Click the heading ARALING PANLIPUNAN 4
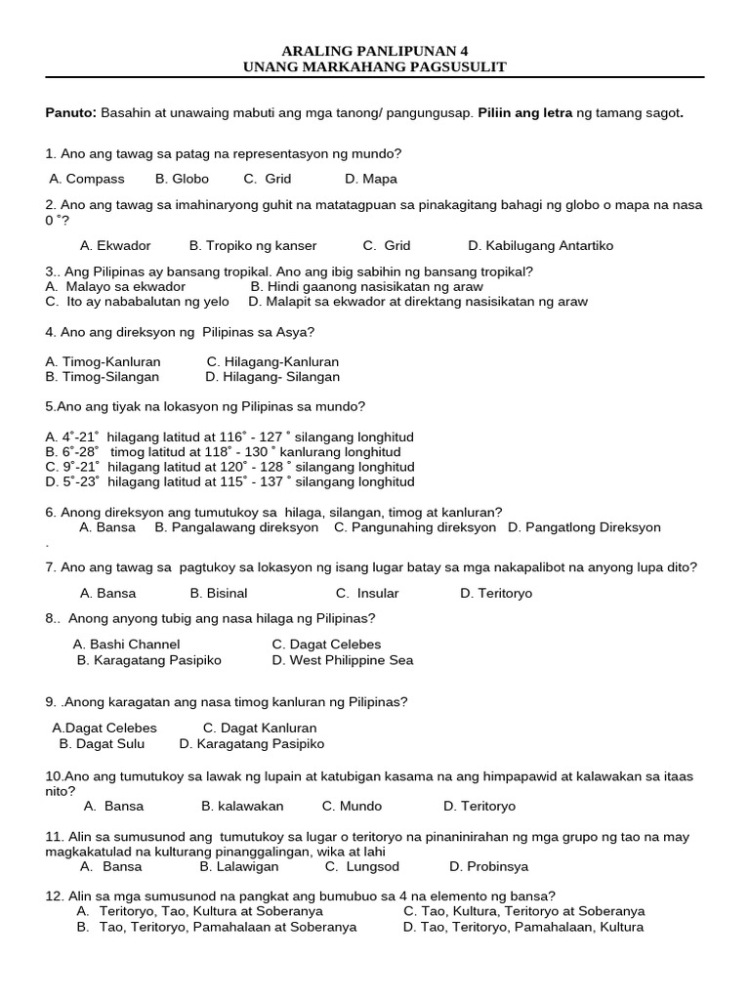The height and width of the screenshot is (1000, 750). click(x=375, y=50)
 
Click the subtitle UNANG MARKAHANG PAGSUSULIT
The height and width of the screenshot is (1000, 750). click(x=375, y=66)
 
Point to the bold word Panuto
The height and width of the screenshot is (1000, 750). click(x=70, y=112)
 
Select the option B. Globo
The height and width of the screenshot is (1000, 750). click(x=182, y=179)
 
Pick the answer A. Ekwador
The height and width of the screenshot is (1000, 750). click(x=115, y=245)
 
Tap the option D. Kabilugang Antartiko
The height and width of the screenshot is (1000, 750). click(x=540, y=245)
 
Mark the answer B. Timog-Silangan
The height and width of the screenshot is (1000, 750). click(x=103, y=376)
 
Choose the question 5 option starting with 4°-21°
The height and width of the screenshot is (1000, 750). click(x=229, y=437)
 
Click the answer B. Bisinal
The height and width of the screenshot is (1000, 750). click(x=219, y=593)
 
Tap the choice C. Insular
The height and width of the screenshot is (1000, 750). click(x=367, y=593)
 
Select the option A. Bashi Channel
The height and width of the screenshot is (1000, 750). click(x=127, y=644)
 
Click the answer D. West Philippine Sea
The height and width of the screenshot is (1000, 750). click(x=343, y=660)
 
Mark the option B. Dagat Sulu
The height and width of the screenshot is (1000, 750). click(x=102, y=743)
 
